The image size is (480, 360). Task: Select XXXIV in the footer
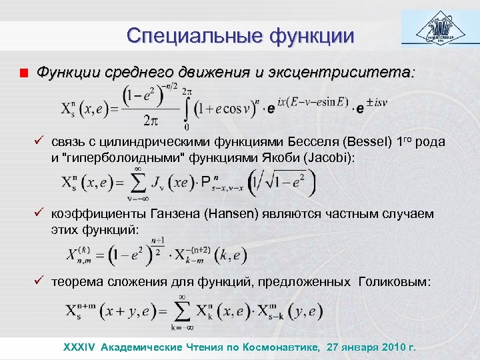[79, 347]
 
